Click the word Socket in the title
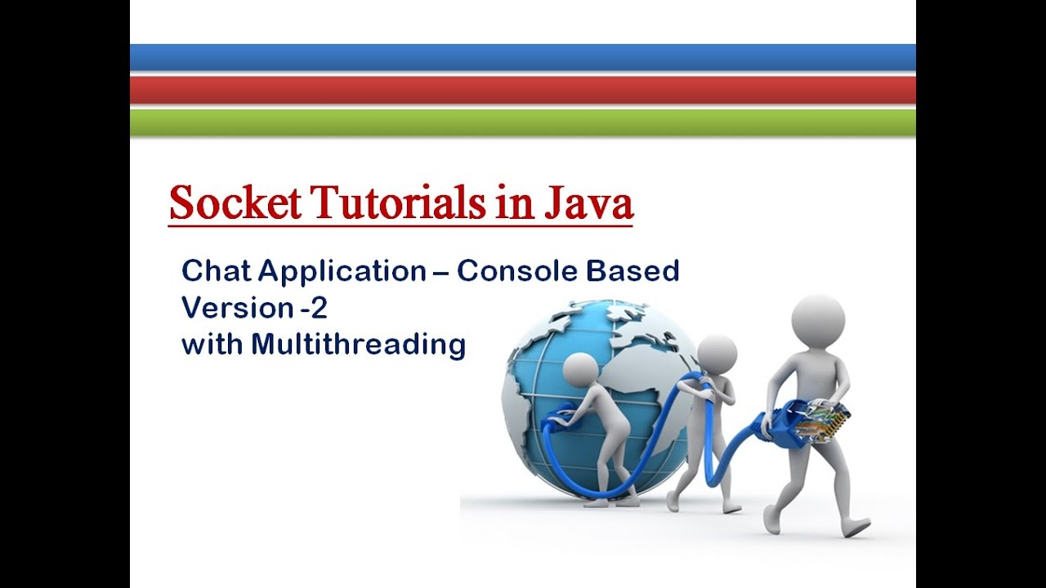(x=235, y=203)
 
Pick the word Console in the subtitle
(x=519, y=270)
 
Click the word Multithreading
(x=358, y=344)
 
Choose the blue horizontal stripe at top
(x=523, y=57)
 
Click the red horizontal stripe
(x=523, y=90)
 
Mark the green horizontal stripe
(x=523, y=122)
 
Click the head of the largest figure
(x=817, y=322)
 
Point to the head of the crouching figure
(x=582, y=373)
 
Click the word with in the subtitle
(x=212, y=344)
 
